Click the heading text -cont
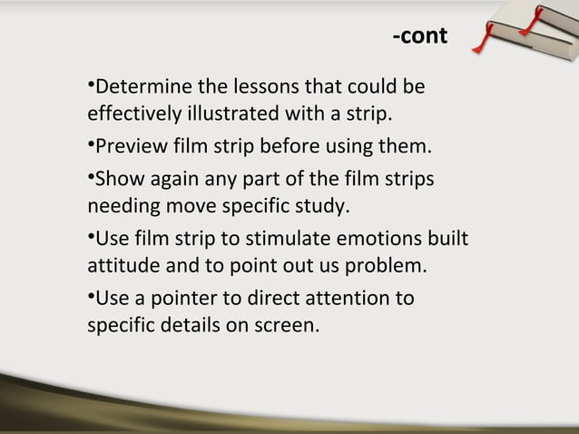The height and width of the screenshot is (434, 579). coord(419,36)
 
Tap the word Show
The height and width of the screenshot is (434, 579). coord(114,177)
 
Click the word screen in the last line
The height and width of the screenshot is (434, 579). coord(289,326)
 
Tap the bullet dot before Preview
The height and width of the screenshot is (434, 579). coord(91,145)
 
